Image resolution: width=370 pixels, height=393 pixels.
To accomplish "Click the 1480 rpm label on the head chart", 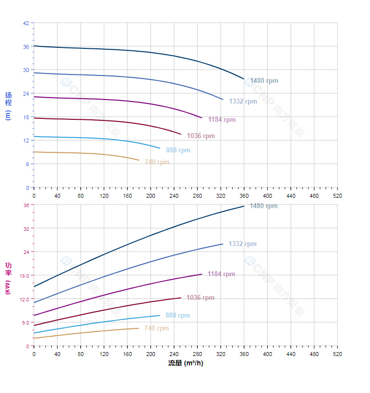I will coord(264,81).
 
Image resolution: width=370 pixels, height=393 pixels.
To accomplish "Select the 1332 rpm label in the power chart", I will coord(243,244).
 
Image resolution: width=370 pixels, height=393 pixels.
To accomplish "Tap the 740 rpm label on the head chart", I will coord(156,162).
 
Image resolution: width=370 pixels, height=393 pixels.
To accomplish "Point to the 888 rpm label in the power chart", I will coord(178,316).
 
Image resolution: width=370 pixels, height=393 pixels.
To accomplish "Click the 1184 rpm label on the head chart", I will coord(221,120).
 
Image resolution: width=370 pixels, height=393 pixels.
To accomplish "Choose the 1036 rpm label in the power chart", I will coord(200,298).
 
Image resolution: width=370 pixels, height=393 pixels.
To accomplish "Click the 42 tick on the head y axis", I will coord(26,23).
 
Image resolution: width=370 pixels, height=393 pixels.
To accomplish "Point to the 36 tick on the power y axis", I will coord(26,205).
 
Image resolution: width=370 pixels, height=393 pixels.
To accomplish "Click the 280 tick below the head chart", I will coord(197,196).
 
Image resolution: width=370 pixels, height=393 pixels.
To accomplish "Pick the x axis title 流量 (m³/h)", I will coord(185,364).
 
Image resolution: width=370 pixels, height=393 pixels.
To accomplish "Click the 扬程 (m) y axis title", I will coord(8,106).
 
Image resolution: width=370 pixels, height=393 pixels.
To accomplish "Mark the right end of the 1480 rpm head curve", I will coord(244,79).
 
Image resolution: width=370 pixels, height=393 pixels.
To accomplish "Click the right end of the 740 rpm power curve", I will coord(139,328).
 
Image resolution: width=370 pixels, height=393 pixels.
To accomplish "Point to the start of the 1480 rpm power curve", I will coord(34,286).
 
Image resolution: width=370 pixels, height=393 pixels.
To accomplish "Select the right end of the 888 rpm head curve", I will coord(160,148).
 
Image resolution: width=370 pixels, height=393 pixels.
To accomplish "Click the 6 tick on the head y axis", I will coord(28,164).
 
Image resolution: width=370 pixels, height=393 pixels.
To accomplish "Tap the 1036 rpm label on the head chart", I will coord(201,136).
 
